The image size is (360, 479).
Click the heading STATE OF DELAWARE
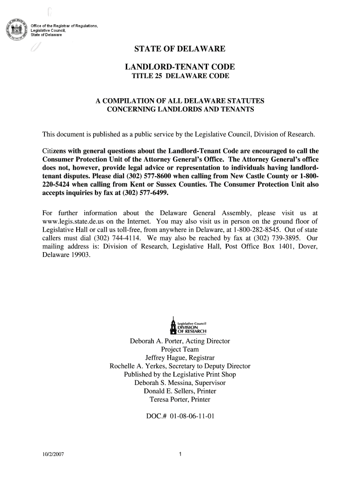[x=180, y=49]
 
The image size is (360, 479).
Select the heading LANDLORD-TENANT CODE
[x=180, y=67]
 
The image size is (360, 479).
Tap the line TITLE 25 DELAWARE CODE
[x=180, y=76]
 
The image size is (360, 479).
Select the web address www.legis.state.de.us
[x=76, y=221]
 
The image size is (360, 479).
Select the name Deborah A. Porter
[x=157, y=341]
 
